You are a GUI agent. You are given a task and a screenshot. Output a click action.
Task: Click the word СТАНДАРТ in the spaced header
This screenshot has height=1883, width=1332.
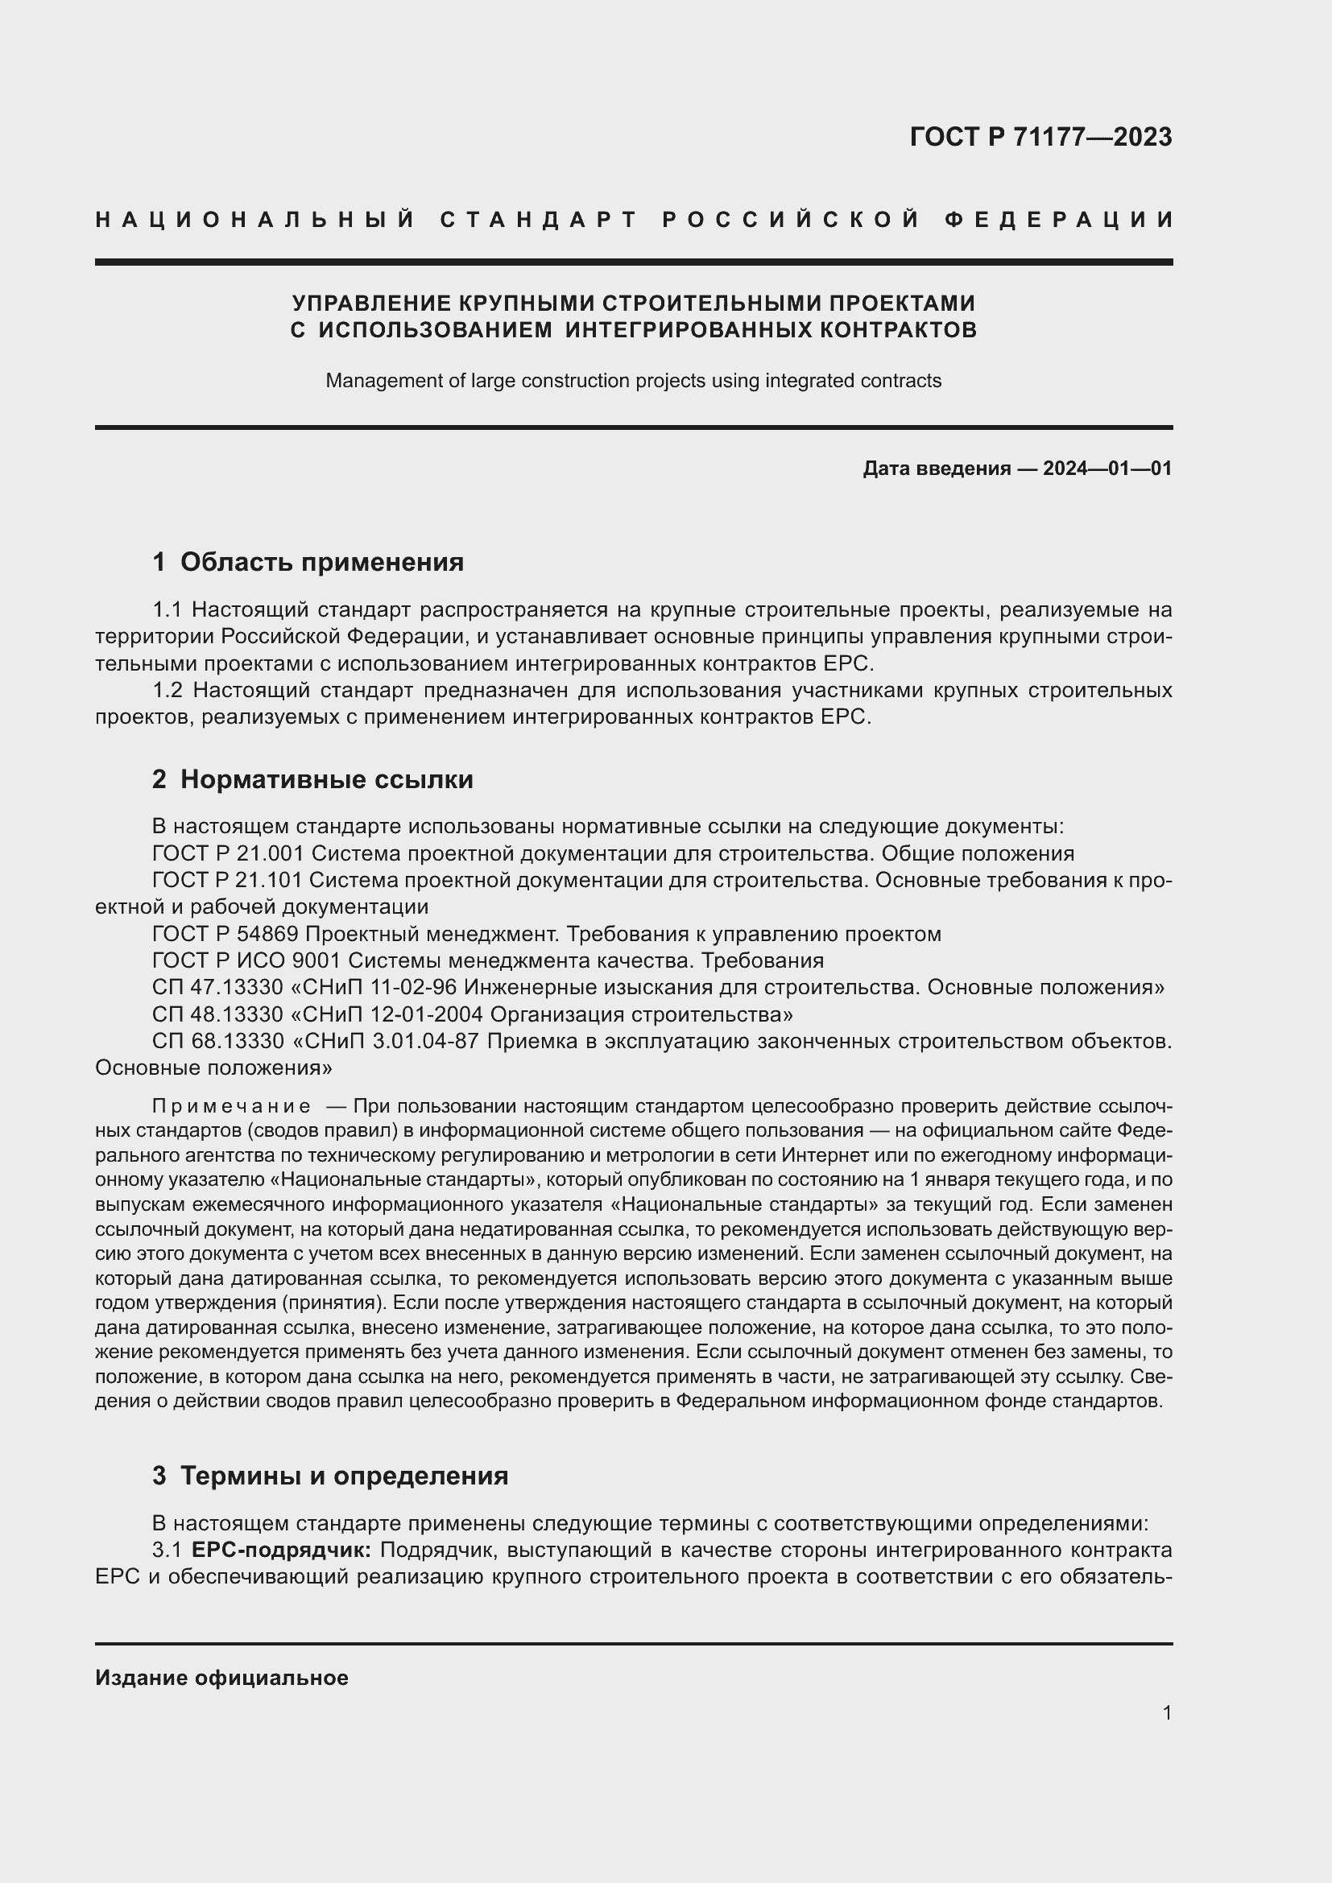point(539,220)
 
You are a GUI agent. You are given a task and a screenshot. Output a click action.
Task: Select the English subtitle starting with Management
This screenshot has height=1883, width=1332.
point(633,381)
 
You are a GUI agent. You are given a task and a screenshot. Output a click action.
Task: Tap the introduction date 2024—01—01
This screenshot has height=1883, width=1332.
point(1107,469)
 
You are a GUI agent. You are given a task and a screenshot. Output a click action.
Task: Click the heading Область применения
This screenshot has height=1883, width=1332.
point(321,562)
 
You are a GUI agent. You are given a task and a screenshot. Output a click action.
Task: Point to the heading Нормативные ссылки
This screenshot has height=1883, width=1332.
point(326,779)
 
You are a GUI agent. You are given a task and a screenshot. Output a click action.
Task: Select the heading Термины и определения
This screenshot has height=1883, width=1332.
point(344,1476)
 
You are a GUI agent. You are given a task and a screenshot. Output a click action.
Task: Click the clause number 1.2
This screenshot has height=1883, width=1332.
point(169,691)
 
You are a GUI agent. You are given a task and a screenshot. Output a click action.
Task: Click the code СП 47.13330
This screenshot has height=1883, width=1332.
point(217,988)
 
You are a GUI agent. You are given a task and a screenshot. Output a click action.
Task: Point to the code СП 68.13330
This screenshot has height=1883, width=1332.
point(218,1042)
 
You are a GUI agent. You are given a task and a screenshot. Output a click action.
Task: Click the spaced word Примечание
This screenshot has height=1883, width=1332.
point(231,1107)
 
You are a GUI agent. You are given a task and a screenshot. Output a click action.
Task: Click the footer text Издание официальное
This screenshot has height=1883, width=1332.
point(221,1678)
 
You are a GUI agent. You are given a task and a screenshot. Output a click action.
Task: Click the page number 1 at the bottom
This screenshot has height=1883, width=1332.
point(1166,1712)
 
